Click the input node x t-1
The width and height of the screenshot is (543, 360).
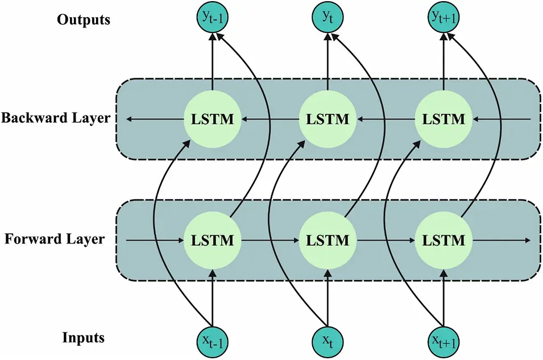coord(212,340)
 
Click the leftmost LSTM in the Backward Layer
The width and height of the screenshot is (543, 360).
coord(212,119)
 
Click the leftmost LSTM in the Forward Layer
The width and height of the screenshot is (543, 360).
coord(212,240)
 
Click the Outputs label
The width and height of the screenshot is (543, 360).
coord(84,20)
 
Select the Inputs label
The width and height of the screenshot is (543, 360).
coord(84,338)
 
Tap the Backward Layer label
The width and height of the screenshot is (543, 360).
coord(55,119)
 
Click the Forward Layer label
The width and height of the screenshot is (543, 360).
coord(55,239)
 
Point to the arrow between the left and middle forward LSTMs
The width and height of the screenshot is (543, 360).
coord(270,240)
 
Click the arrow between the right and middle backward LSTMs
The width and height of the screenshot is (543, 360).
coord(386,119)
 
